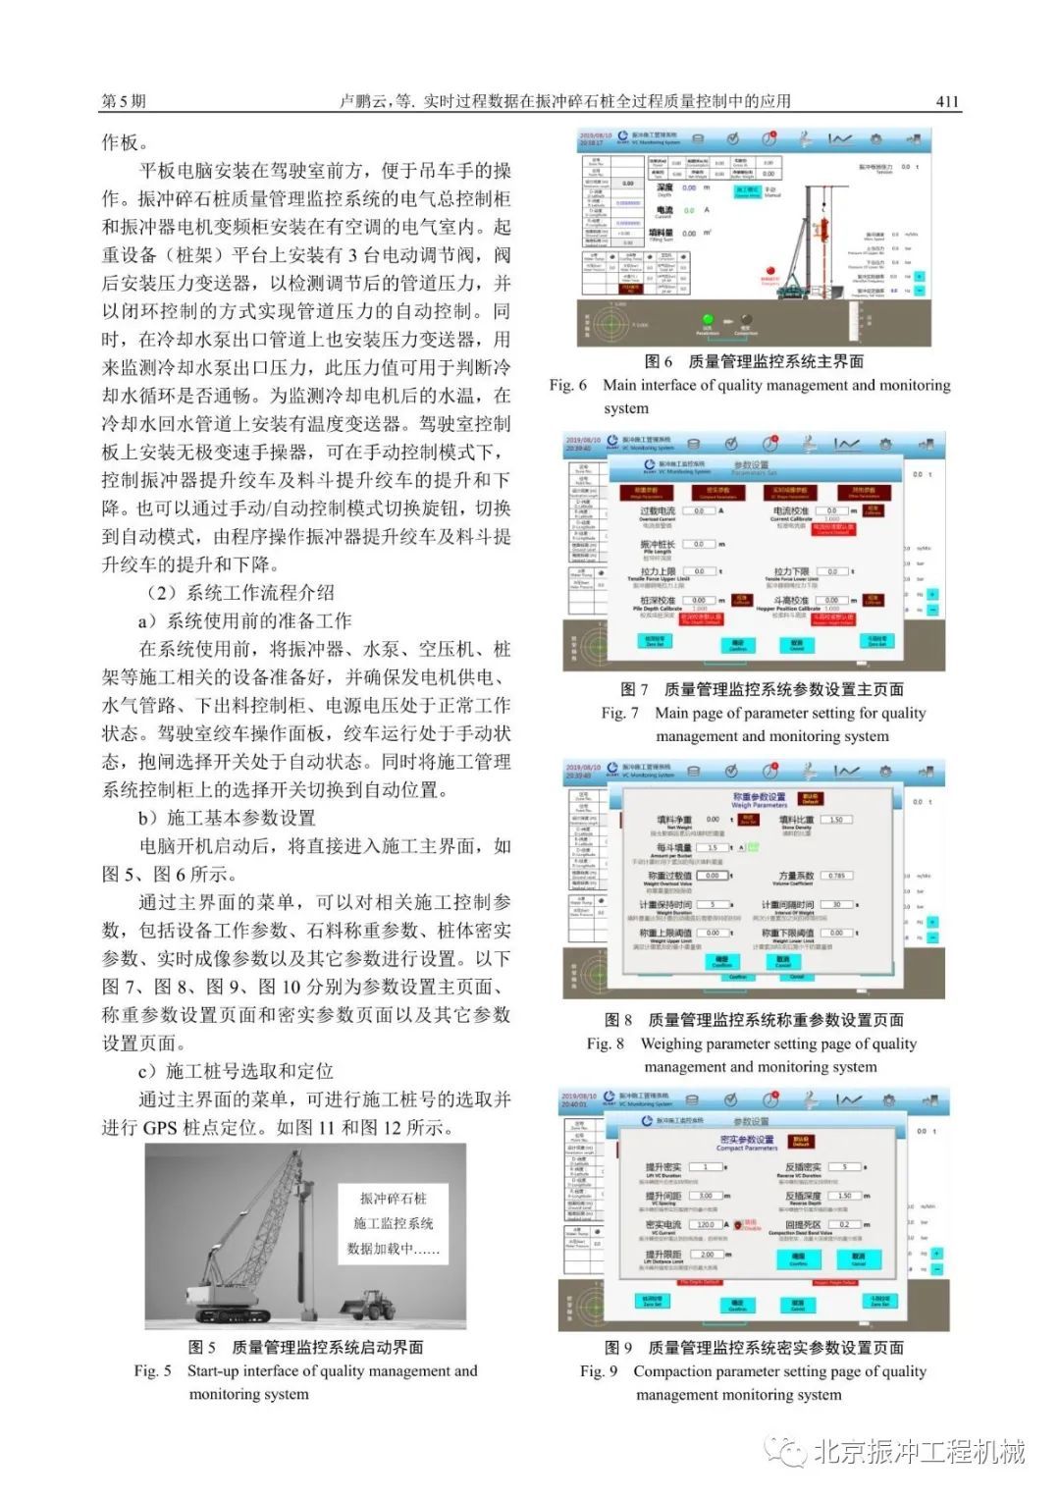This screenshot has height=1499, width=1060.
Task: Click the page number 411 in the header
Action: pos(946,101)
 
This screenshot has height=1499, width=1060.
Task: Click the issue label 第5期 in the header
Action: pos(124,101)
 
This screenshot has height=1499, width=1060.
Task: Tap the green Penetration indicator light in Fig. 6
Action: pos(707,319)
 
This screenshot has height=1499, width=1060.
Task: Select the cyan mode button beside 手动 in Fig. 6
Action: pos(747,191)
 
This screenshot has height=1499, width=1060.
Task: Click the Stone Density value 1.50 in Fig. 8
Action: pos(837,819)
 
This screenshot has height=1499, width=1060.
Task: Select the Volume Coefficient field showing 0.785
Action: pos(836,875)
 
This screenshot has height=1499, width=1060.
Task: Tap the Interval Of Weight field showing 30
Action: pos(836,904)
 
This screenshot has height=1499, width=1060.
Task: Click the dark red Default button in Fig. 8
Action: pos(811,798)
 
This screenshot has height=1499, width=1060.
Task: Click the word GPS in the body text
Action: pos(159,1127)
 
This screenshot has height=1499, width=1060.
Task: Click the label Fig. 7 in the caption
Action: pos(620,713)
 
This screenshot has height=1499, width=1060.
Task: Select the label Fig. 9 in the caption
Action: pos(599,1371)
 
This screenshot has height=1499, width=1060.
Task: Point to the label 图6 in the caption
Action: pos(659,361)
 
